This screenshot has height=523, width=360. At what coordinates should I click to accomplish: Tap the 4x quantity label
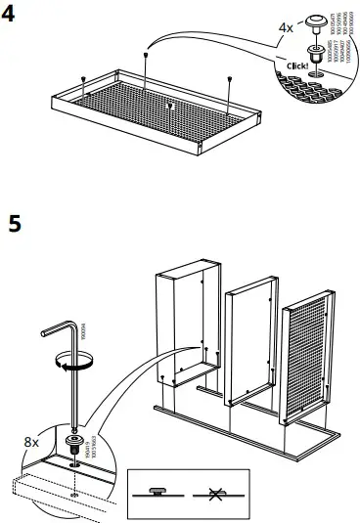click(x=286, y=28)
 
